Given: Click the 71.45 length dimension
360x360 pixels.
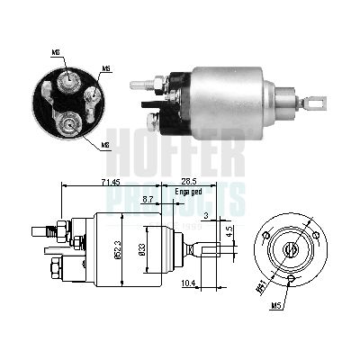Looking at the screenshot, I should (97, 182).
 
